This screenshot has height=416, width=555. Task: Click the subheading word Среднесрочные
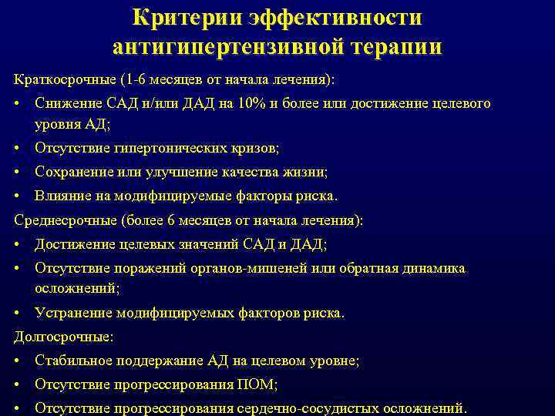[x=65, y=220]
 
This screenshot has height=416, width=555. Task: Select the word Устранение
[x=73, y=314]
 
